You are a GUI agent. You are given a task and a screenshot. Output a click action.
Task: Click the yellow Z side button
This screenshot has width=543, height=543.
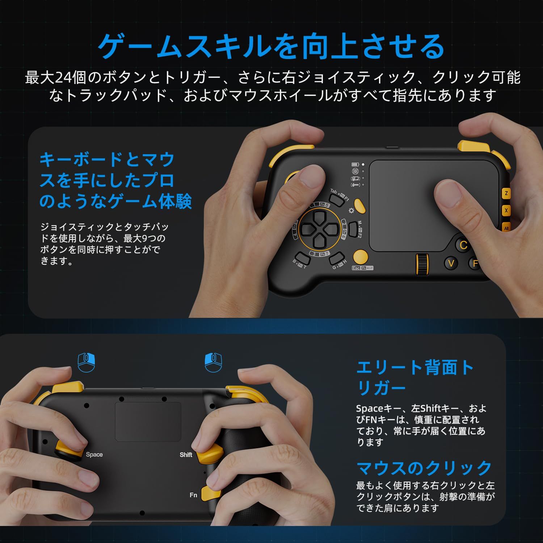[x=506, y=193]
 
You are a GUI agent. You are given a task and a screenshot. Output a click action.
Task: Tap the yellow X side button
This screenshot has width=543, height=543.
[x=506, y=210]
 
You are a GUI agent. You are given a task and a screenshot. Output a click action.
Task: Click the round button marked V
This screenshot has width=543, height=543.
[x=451, y=263]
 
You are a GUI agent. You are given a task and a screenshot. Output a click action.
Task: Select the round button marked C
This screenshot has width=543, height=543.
[x=463, y=245]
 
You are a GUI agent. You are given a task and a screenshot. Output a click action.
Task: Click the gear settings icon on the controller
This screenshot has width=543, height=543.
[x=351, y=211]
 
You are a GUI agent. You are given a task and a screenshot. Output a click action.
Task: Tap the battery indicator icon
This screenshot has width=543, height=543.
[x=355, y=164]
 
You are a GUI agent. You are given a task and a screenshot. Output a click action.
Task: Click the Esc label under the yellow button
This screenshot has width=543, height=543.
[x=356, y=268]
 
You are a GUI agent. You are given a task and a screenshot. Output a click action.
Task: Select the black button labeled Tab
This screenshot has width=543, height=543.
[x=335, y=198]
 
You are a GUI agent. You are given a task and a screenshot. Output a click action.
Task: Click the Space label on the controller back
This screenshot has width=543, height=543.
[x=94, y=455]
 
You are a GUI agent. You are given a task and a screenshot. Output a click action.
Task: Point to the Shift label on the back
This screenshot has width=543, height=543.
[x=186, y=455]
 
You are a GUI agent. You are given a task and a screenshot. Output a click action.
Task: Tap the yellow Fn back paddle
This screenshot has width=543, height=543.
[x=212, y=494]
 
